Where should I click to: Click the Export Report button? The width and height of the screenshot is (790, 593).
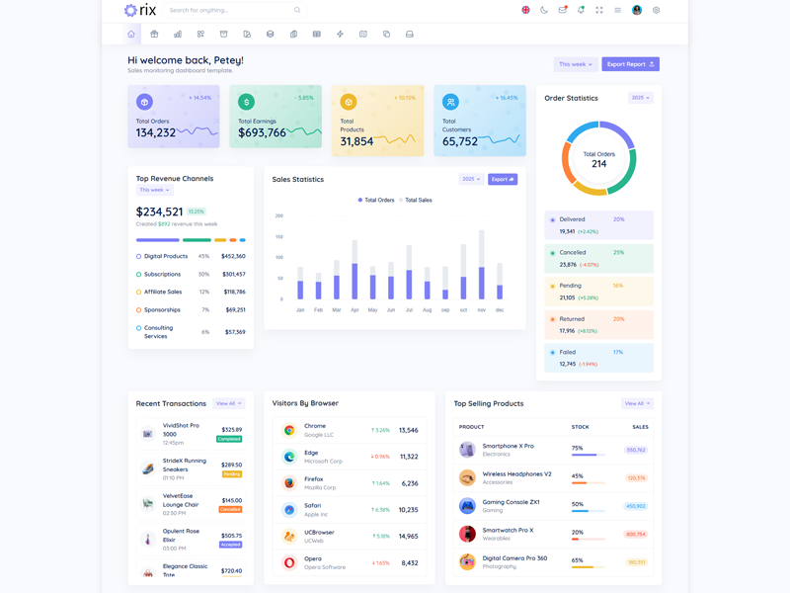click(630, 64)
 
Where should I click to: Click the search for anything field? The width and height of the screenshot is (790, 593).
click(232, 10)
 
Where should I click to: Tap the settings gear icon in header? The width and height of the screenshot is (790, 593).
click(656, 10)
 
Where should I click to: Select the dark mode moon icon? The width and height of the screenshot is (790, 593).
click(543, 10)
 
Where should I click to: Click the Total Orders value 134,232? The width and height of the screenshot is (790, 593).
click(156, 132)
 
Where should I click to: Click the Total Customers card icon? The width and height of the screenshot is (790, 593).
click(450, 102)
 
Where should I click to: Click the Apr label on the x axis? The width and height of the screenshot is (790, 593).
click(355, 310)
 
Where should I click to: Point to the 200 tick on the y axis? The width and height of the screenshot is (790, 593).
click(279, 215)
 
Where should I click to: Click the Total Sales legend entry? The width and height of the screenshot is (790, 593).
click(416, 200)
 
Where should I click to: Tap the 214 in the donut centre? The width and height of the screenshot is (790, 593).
click(598, 164)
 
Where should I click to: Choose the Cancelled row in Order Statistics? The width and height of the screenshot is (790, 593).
click(598, 258)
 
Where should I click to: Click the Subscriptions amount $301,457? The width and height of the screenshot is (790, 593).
click(234, 274)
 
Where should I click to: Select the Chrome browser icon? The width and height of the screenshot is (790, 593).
click(289, 430)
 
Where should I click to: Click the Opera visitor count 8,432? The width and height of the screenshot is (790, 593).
click(409, 563)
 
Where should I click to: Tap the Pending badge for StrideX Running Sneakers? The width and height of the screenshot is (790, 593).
click(232, 474)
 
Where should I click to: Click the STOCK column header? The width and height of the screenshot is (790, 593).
click(580, 427)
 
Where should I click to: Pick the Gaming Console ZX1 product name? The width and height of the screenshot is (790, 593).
click(511, 502)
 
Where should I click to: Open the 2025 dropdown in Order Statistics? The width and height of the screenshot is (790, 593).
click(640, 98)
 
